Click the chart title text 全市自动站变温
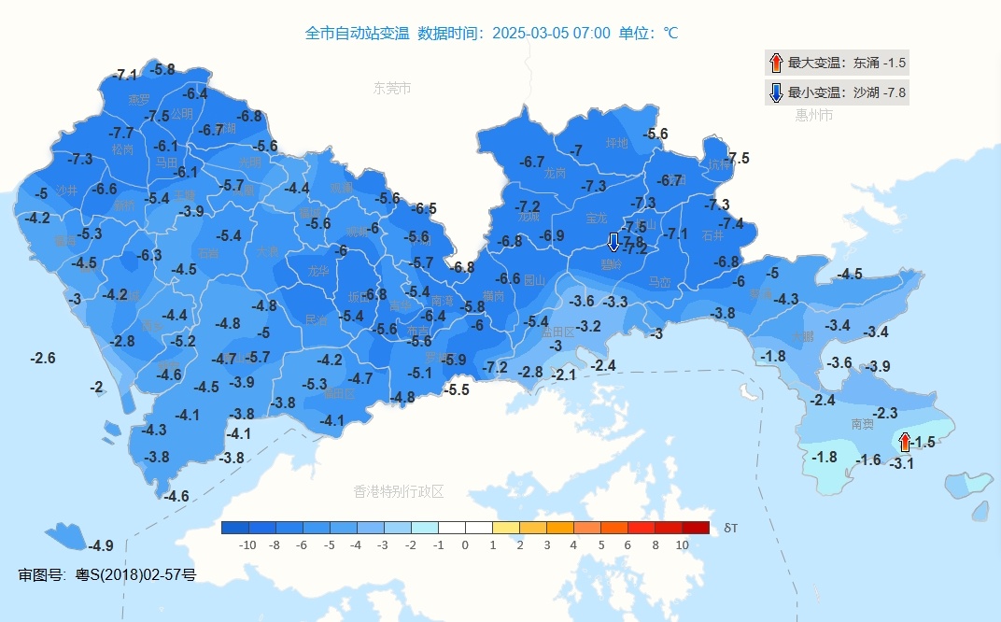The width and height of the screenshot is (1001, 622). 357,34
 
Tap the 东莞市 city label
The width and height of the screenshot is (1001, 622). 392,89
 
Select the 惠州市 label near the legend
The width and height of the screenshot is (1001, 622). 813,116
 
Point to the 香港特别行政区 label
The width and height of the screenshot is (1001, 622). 399,491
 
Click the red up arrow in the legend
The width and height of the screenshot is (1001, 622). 775,64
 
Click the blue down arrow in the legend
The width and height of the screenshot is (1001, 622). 775,92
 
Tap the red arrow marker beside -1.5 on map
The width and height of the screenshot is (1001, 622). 904,442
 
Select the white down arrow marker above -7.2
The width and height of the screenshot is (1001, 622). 613,242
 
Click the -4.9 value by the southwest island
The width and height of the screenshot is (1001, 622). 101,545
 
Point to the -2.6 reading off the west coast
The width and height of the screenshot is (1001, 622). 43,358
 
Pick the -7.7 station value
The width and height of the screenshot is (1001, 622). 121,134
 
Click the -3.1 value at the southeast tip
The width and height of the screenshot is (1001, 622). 901,463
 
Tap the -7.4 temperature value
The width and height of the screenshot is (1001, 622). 731,223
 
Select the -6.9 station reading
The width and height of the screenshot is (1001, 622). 552,235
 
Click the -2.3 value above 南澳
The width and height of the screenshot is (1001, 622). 884,413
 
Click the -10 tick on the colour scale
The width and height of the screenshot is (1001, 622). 247,544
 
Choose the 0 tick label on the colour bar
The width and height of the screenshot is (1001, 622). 465,544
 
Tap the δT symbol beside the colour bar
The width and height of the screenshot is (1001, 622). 730,528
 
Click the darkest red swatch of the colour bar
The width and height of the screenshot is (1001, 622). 696,528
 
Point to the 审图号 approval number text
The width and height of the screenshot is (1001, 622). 107,574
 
